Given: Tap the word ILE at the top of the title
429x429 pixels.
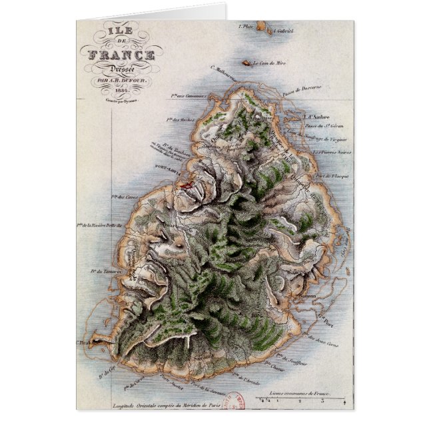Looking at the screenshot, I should click(120, 29).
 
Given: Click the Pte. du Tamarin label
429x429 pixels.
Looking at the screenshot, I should click(108, 272).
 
